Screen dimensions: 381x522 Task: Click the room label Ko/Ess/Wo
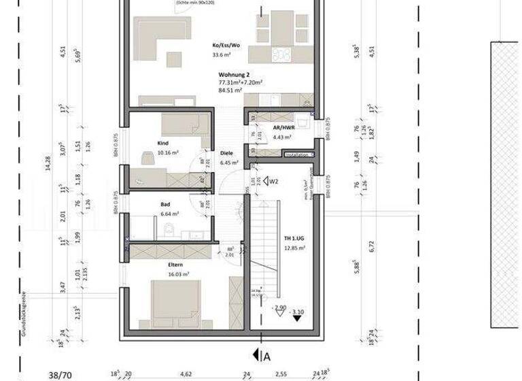click(x=225, y=46)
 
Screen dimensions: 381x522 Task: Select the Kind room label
click(x=162, y=144)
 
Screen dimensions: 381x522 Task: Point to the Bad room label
click(x=166, y=203)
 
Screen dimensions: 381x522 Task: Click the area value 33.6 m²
click(x=222, y=56)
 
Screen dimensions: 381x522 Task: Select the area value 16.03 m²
click(x=178, y=275)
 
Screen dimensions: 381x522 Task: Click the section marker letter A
click(x=266, y=355)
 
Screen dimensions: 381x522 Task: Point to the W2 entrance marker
click(x=274, y=182)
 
